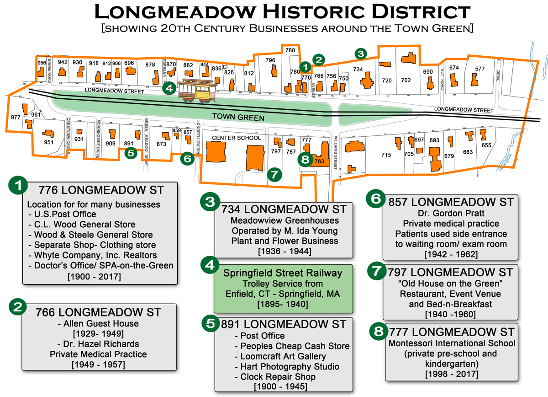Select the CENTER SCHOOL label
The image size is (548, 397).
[237, 138]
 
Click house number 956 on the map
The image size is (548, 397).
[42, 63]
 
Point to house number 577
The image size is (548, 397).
[479, 69]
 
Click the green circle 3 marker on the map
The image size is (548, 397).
[361, 54]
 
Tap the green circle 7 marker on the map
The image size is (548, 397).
[274, 174]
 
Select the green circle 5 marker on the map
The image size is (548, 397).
[131, 153]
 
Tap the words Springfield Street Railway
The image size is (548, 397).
[283, 273]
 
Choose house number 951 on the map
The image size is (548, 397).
[49, 142]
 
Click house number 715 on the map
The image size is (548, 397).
[386, 155]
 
